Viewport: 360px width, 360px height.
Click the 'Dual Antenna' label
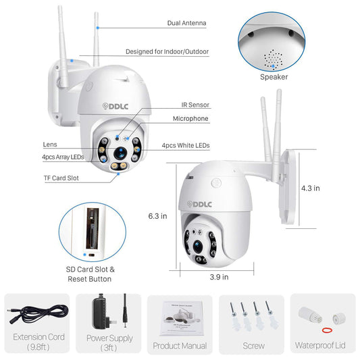pos(186,23)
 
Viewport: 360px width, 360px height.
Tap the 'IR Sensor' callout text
pos(195,105)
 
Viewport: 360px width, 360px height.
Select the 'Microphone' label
pos(190,119)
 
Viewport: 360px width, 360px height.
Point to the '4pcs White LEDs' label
pos(186,146)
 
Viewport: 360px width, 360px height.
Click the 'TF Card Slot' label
pos(61,178)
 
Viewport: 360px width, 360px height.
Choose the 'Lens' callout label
pos(50,145)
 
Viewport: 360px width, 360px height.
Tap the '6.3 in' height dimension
pos(157,216)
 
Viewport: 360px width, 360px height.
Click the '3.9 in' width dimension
pos(219,277)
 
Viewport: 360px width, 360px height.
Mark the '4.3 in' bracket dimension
pos(311,188)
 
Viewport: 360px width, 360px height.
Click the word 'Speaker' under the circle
pos(274,77)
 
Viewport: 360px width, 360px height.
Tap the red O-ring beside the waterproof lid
pos(327,330)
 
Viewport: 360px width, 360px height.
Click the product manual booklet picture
pos(182,319)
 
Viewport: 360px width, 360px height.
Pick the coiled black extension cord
pos(38,314)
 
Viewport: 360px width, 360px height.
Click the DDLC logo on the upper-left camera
pos(115,106)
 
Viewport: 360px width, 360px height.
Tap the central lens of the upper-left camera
pos(120,153)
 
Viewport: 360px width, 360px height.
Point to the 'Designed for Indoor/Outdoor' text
pos(167,51)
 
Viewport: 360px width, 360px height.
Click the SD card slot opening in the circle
pos(93,228)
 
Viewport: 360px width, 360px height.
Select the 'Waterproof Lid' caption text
pos(320,346)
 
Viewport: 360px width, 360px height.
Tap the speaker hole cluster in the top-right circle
pos(273,59)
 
